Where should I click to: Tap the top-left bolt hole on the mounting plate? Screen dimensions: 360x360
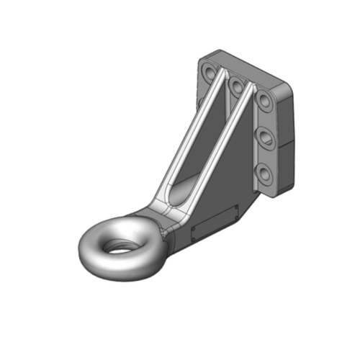coord(209,73)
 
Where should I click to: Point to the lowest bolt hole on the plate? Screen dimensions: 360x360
coord(264,173)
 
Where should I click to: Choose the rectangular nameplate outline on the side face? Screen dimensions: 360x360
coord(215,224)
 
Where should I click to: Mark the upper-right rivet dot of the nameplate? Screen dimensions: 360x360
coord(235,210)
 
